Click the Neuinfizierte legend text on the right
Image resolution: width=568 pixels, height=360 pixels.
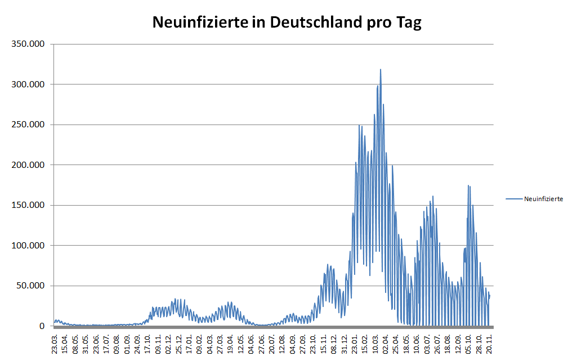click(543, 199)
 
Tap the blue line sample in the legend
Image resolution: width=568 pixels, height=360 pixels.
click(514, 199)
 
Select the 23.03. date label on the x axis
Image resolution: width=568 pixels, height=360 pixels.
click(55, 343)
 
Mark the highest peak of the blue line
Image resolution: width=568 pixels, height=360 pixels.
click(381, 70)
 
